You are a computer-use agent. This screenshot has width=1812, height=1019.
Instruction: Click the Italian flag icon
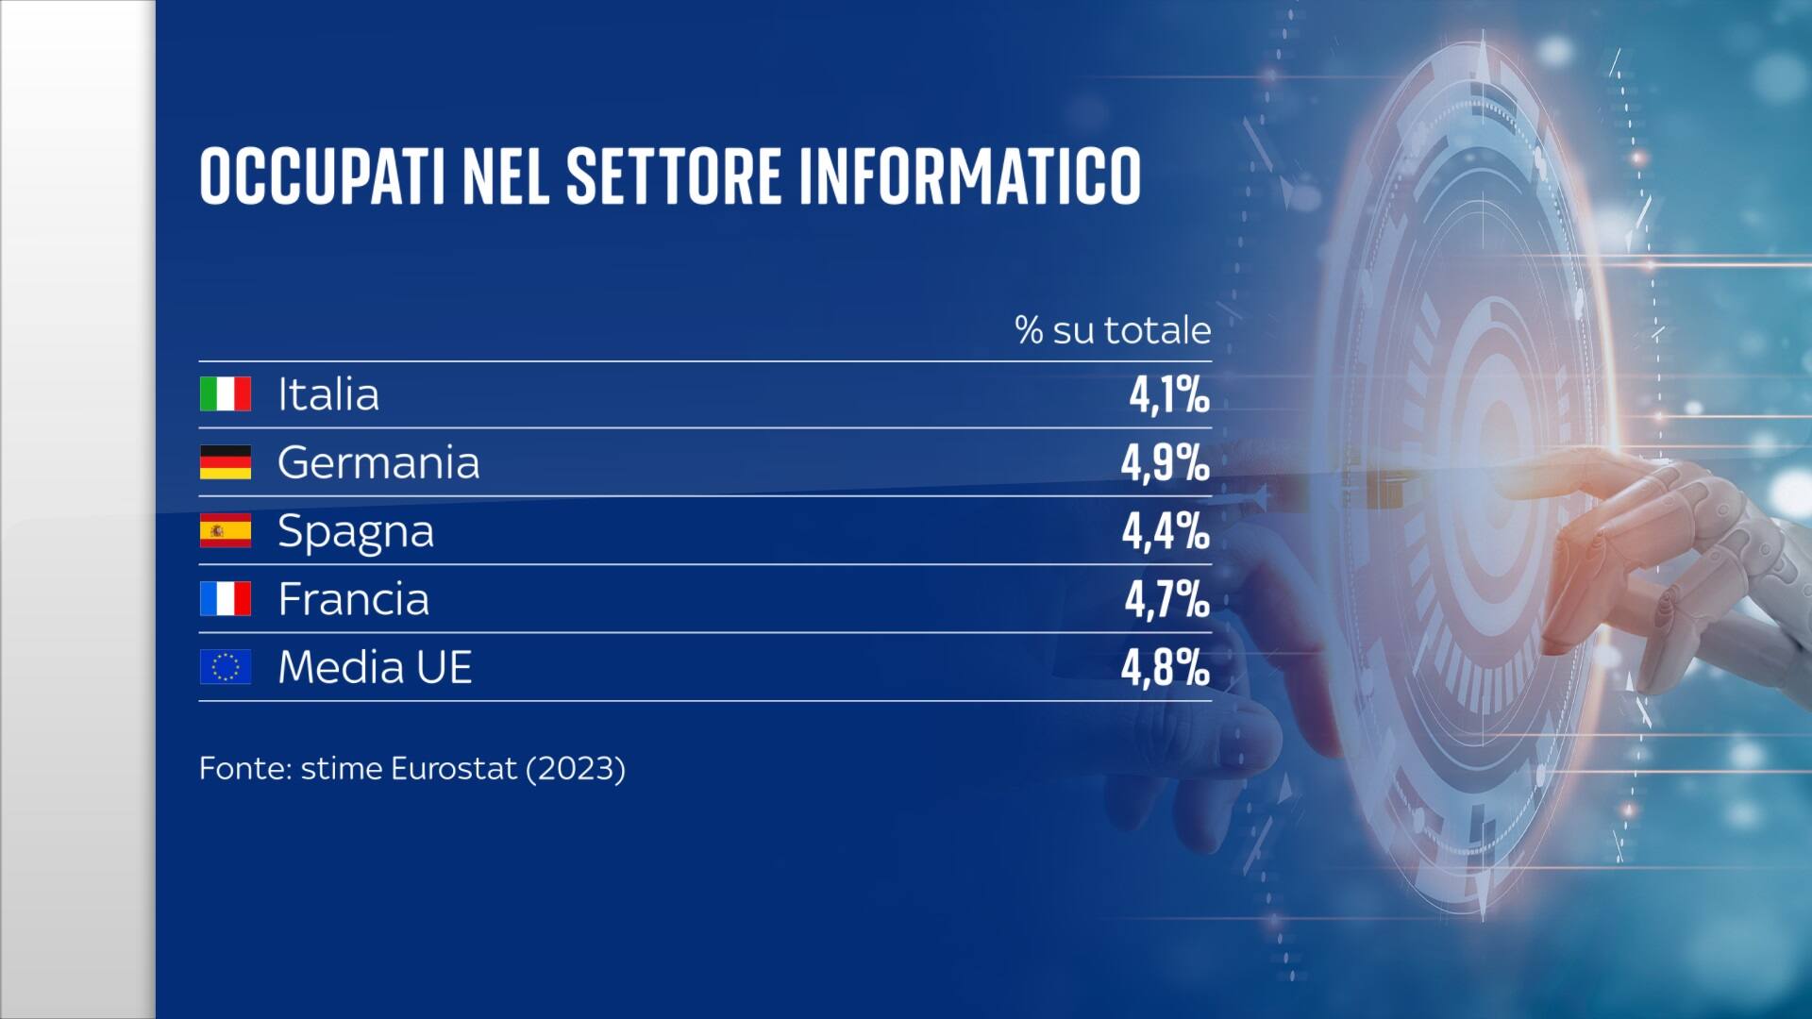(x=225, y=393)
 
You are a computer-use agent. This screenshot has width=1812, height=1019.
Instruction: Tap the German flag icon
(x=225, y=462)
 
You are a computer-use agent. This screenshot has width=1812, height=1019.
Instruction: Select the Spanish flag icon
(x=225, y=530)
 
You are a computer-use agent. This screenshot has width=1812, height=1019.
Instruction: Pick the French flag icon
(x=225, y=599)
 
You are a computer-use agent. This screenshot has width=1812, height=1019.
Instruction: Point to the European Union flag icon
(x=225, y=667)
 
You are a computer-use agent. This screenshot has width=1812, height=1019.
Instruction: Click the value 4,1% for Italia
(x=1168, y=395)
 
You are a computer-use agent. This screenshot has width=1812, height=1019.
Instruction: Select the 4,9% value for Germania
(x=1165, y=463)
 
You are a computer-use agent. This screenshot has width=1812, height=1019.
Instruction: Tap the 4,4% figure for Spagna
(x=1165, y=531)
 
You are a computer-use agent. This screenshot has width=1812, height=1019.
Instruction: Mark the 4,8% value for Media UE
(x=1165, y=668)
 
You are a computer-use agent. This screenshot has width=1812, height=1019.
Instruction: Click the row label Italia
(x=328, y=394)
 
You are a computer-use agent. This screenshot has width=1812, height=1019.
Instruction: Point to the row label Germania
(x=378, y=462)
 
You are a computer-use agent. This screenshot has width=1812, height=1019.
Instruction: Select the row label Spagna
(x=356, y=532)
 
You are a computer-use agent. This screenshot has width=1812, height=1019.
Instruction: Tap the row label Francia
(x=353, y=599)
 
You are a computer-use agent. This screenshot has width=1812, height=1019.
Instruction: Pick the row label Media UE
(x=375, y=667)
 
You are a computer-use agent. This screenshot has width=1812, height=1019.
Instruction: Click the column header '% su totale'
(x=1113, y=330)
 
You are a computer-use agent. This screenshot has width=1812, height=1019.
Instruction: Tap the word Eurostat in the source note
(x=454, y=768)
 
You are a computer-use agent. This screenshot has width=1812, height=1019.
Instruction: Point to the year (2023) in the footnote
(x=576, y=768)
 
